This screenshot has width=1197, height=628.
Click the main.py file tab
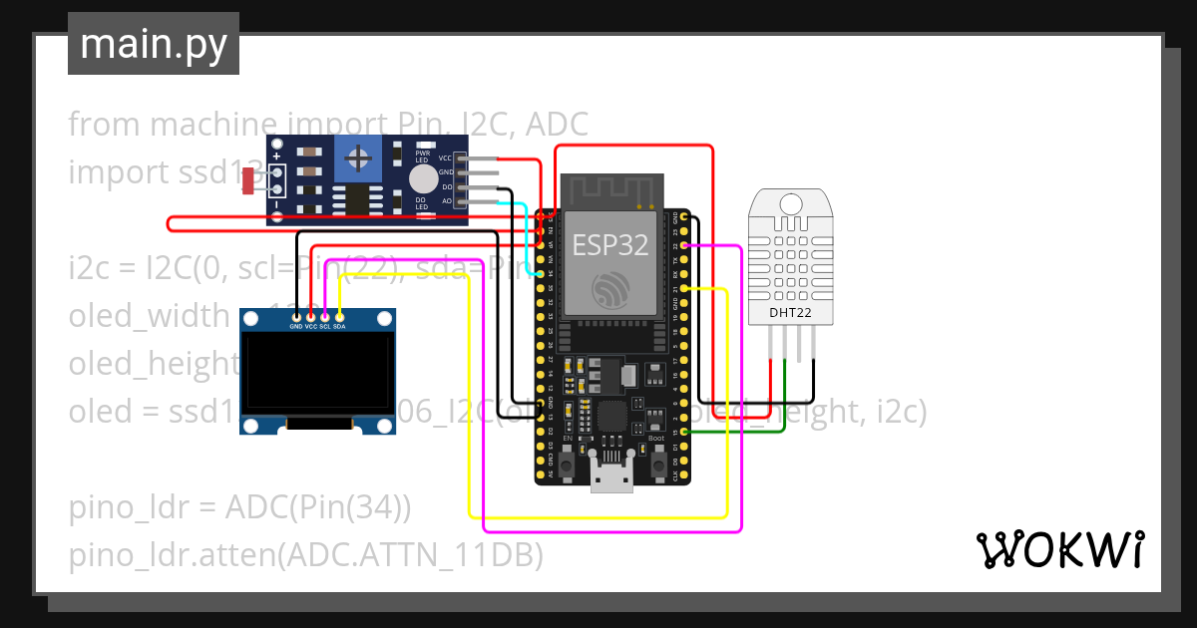coord(153,44)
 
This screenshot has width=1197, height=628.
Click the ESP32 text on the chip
coord(609,245)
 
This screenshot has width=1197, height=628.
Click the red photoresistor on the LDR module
coord(248,179)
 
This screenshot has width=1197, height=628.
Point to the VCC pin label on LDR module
coord(446,157)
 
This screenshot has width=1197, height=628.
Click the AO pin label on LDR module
coord(447,201)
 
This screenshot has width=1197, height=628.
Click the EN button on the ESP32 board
coord(566,463)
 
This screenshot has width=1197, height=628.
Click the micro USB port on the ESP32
coord(611,480)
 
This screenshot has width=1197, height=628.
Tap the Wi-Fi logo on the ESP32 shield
coord(609,290)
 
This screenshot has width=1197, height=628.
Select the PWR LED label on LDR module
coord(422,157)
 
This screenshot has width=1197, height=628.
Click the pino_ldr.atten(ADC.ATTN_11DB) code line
coord(305,555)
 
